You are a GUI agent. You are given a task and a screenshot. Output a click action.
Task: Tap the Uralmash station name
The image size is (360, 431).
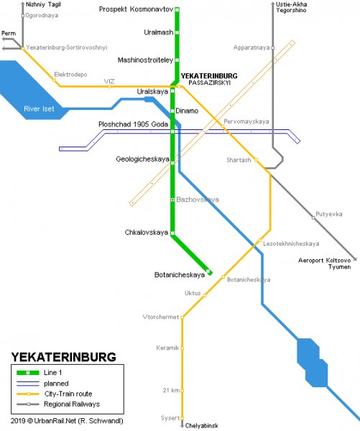[156, 32]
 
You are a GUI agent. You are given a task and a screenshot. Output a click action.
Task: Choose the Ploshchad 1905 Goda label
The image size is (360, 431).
[133, 124]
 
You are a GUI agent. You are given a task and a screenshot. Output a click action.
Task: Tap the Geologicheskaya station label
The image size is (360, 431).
[141, 159]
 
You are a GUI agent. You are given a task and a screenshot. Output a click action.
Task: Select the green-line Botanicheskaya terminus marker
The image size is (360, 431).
[208, 272]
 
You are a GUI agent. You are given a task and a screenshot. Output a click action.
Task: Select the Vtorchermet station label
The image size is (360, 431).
[162, 316]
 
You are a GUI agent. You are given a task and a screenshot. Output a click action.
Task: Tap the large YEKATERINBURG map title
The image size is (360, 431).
[63, 356]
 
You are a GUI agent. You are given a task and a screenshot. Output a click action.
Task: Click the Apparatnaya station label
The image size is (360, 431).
[251, 47]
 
